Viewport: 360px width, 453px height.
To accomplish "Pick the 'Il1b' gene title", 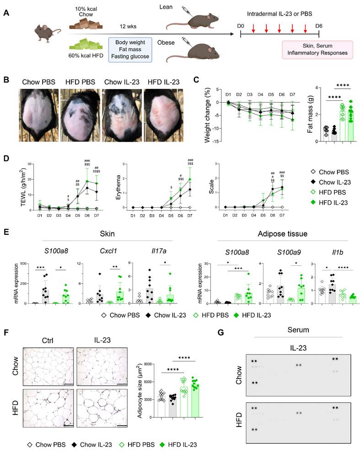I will pyautogui.click(x=331, y=251).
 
